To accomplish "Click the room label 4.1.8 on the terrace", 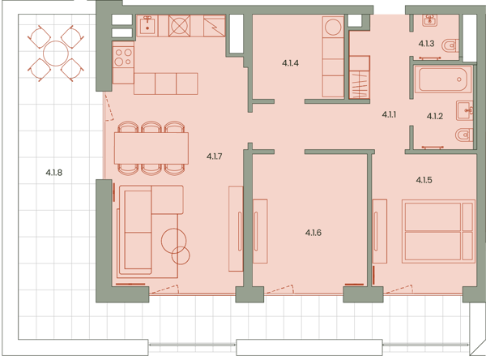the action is tap(54, 173).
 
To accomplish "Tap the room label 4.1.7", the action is tap(214, 156).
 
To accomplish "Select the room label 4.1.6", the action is tap(313, 233).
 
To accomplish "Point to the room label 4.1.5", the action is tap(424, 180).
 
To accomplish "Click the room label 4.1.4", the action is tap(290, 63).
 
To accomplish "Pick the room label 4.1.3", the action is tap(426, 44).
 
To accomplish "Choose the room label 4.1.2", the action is tap(434, 116).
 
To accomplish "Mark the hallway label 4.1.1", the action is tap(389, 114).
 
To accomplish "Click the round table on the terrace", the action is tap(56, 54).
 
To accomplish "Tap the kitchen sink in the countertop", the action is tap(147, 25).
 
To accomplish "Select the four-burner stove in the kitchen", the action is tap(123, 58).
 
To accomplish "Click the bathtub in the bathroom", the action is tap(442, 79).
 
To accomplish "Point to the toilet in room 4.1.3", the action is tap(450, 46).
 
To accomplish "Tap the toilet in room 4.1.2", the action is tap(464, 135).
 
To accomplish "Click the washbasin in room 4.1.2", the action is tap(464, 110).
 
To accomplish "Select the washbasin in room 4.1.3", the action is tap(430, 20).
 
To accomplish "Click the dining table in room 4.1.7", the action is tap(151, 148).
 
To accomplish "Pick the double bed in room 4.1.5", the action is tap(438, 231).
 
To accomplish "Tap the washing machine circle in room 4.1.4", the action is tap(333, 27).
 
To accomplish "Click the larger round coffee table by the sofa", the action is tap(173, 241).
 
